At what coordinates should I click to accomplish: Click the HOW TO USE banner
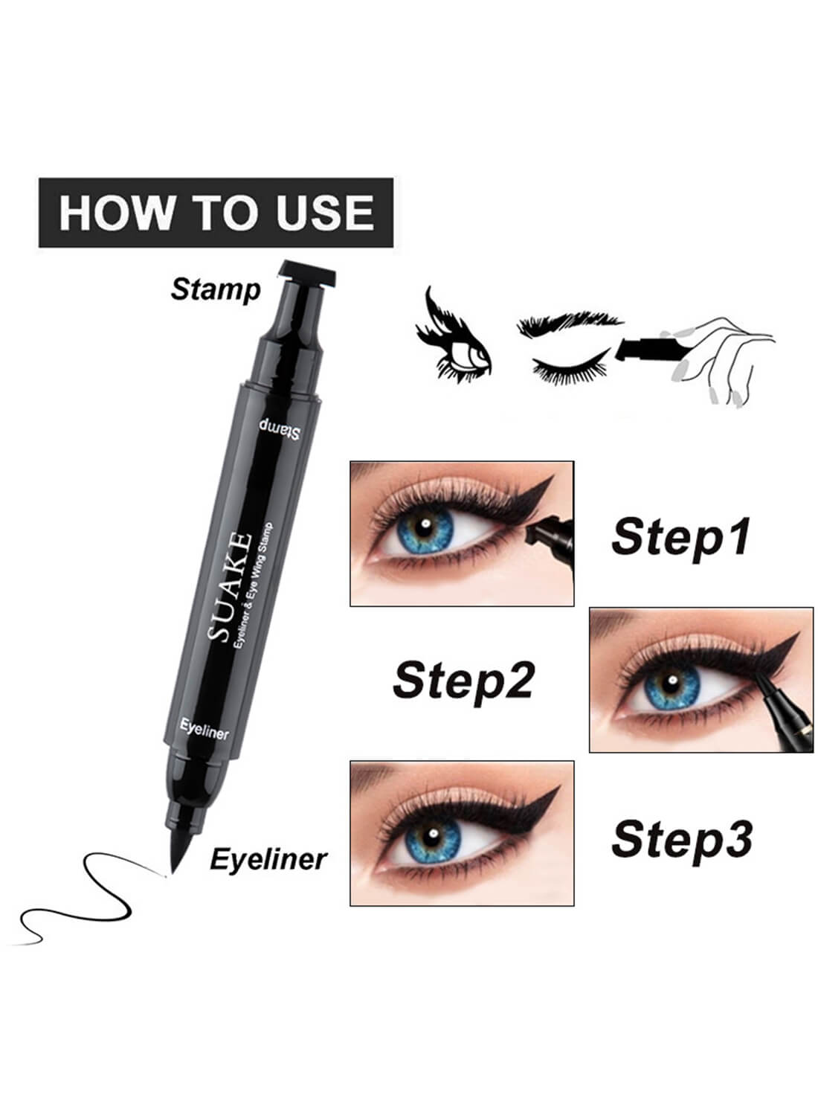216,212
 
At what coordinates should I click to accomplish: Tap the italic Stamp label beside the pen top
216,289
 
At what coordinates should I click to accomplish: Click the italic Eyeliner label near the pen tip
268,859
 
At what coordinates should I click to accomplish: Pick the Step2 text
463,680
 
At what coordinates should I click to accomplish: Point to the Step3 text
681,838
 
